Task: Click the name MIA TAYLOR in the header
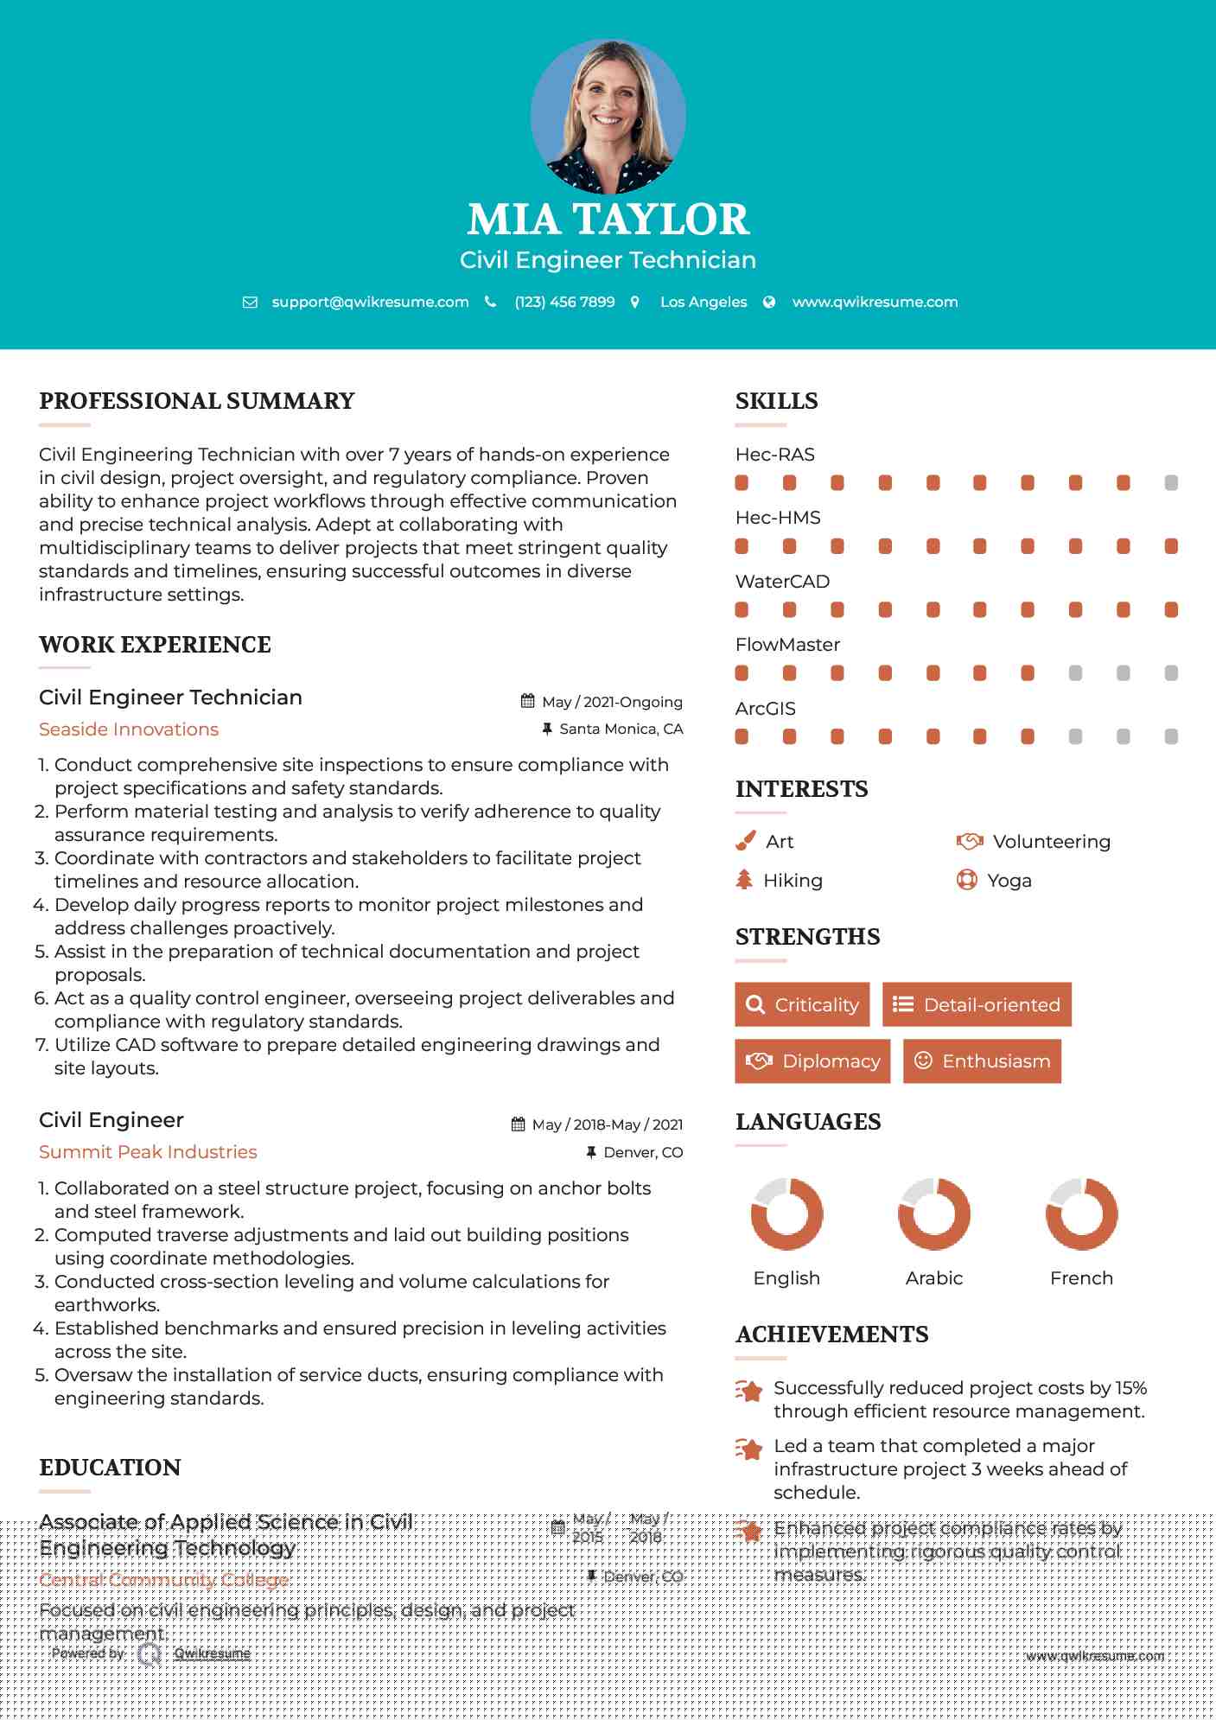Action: [x=608, y=220]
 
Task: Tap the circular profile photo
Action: [x=608, y=116]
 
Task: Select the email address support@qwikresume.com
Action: [x=370, y=303]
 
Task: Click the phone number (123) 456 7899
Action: [x=564, y=303]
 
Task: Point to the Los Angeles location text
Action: [x=703, y=303]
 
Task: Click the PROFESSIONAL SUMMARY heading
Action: [x=197, y=401]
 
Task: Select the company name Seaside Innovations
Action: [x=129, y=729]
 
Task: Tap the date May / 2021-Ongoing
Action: [x=612, y=702]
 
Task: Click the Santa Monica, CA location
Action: [x=621, y=729]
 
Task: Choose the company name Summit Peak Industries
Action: [x=148, y=1152]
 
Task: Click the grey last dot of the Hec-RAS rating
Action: [x=1171, y=483]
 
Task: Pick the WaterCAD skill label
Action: [x=782, y=582]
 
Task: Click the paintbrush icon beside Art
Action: [x=745, y=841]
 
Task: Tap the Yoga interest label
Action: [x=1009, y=881]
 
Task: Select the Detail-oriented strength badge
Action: [x=977, y=1004]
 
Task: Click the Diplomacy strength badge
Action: [x=812, y=1061]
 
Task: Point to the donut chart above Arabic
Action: [x=934, y=1214]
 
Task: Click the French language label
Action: [x=1081, y=1278]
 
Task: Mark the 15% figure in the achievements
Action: [x=1130, y=1388]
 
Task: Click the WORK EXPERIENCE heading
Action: [x=155, y=645]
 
